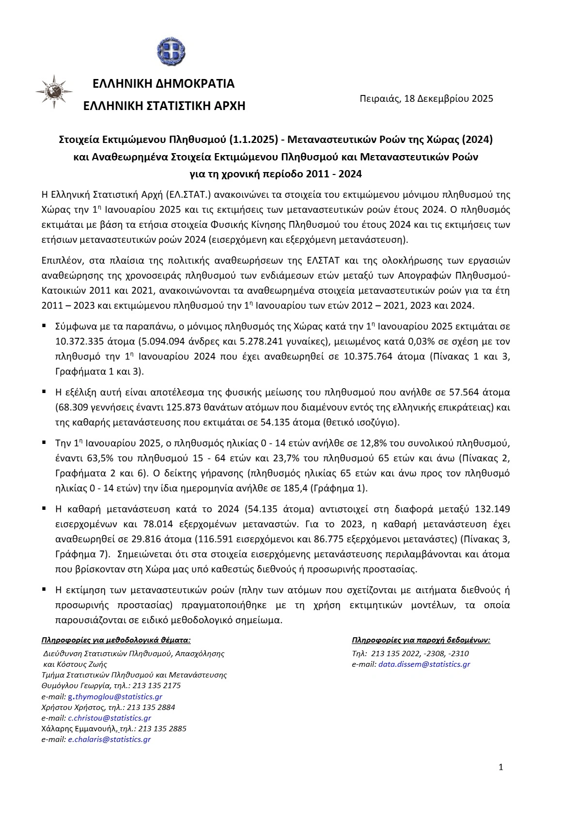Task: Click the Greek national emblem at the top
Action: click(171, 51)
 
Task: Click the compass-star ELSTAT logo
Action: click(54, 92)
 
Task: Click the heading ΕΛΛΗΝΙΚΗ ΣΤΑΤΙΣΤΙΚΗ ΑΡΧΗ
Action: click(164, 106)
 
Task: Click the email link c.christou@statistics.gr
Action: click(110, 718)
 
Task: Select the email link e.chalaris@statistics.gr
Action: click(110, 739)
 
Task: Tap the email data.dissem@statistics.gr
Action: click(424, 664)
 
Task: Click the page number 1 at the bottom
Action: click(501, 767)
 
